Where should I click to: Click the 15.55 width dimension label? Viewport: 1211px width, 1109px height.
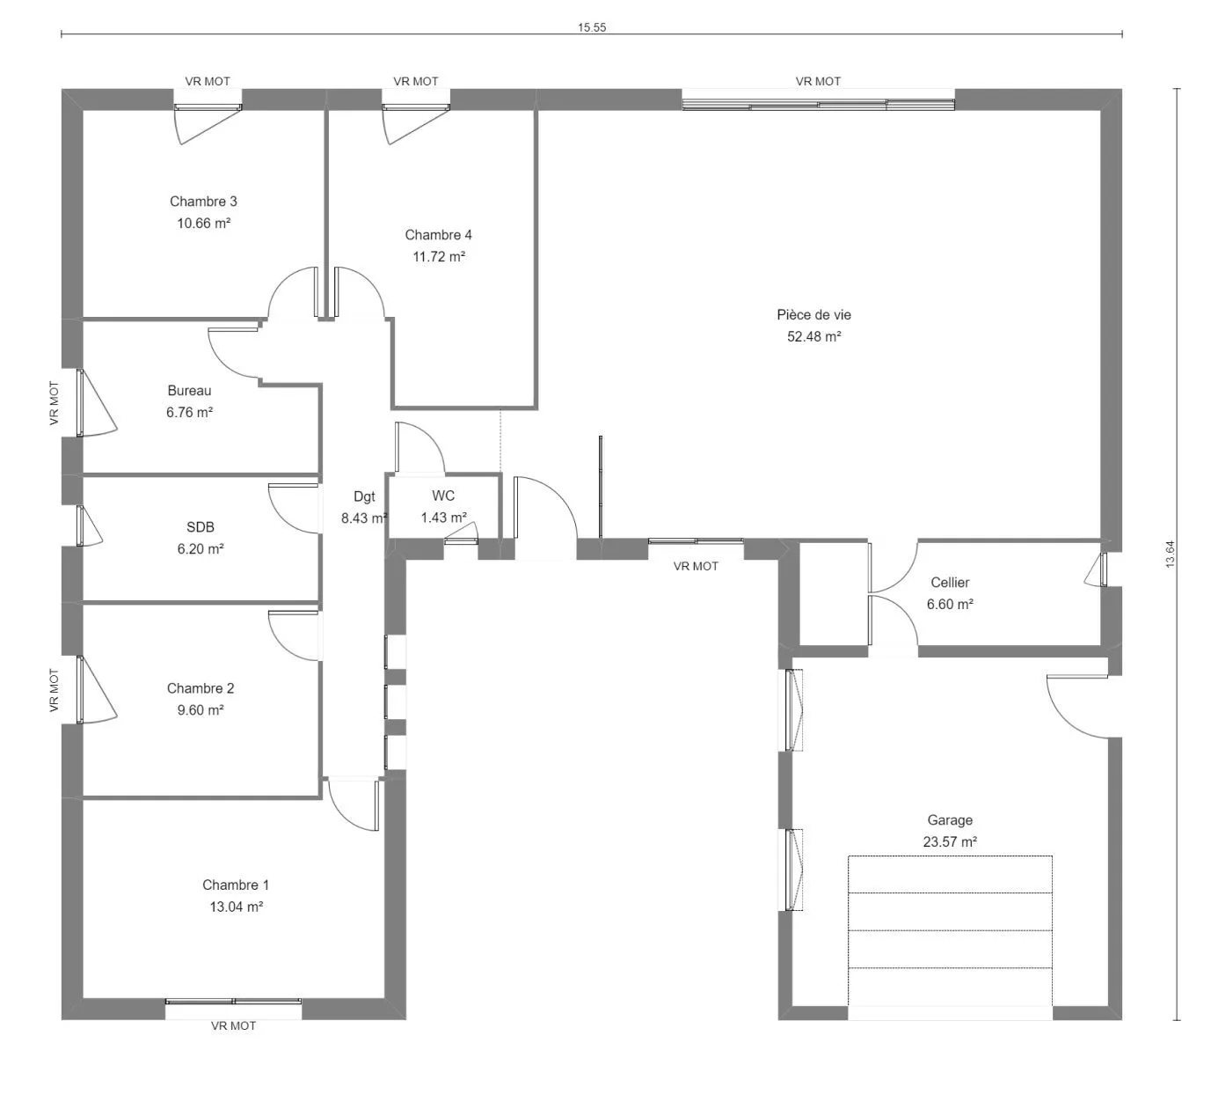[x=592, y=27]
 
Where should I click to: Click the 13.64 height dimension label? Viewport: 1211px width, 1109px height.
[x=1170, y=554]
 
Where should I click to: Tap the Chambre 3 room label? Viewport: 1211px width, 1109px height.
[x=203, y=202]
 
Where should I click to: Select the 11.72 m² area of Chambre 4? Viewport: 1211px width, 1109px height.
[x=439, y=257]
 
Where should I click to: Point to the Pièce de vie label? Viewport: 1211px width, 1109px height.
[x=813, y=315]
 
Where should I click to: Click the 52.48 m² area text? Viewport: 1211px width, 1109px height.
[x=813, y=336]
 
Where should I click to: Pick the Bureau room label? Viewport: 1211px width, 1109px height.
[x=190, y=391]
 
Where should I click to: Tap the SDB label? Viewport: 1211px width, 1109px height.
[x=201, y=527]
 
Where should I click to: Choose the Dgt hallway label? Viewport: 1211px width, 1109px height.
[x=364, y=496]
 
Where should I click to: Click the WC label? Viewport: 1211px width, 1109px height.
[x=443, y=496]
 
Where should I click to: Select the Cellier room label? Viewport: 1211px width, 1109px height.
[x=950, y=582]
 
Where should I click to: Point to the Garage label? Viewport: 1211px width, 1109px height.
[x=950, y=820]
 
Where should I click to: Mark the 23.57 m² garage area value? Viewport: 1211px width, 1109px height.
[x=950, y=842]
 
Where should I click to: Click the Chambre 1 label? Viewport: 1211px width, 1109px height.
[x=236, y=885]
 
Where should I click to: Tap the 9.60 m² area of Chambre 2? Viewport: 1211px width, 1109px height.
[x=201, y=710]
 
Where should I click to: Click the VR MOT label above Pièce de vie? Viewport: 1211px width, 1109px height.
[x=818, y=81]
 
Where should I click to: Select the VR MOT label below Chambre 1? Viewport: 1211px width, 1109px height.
[x=234, y=1025]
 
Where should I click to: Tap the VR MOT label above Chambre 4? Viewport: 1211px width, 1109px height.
[x=416, y=81]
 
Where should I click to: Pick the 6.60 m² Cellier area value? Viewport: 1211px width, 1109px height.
[x=950, y=605]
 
